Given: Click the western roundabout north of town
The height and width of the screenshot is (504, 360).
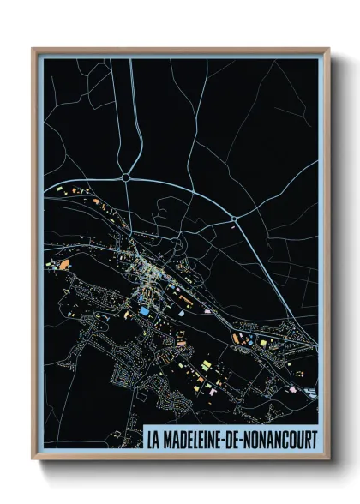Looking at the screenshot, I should (126, 177).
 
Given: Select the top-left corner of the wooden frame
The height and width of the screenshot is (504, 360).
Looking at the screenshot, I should (33, 49).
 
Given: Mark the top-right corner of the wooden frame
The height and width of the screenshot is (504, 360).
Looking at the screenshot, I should (328, 49).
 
